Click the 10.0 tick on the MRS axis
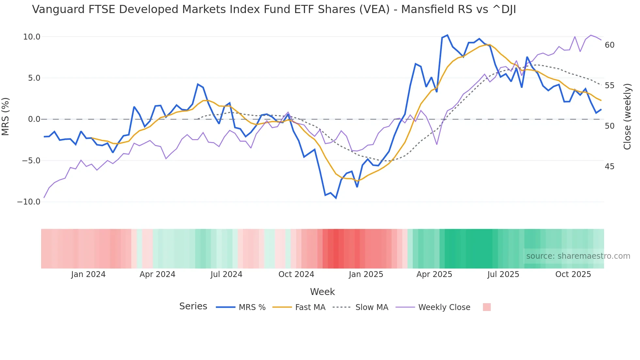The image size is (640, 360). coord(31,37)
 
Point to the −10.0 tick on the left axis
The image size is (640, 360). coord(29,202)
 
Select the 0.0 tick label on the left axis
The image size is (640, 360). coord(34,119)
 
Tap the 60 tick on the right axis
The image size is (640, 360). coord(610,45)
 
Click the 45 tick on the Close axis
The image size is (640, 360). coord(610,167)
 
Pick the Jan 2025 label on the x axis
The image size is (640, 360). coord(366,274)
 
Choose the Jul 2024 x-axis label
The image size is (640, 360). coord(226,274)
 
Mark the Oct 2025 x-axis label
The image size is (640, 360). coord(573,274)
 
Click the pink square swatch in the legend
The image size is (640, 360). coord(487,307)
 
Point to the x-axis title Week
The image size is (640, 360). coord(322,292)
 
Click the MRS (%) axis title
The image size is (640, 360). coord(6,117)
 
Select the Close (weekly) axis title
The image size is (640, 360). coord(627,117)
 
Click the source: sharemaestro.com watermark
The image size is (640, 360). coord(578,256)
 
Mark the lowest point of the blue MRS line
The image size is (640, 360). coord(336,198)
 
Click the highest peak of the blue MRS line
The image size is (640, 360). coord(447,35)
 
